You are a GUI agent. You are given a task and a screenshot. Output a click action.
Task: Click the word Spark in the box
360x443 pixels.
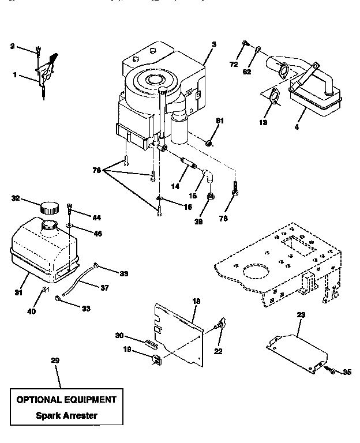[x=48, y=415]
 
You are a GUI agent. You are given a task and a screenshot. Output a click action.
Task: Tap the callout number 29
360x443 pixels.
[x=55, y=361]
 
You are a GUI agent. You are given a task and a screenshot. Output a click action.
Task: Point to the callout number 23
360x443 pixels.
[x=301, y=315]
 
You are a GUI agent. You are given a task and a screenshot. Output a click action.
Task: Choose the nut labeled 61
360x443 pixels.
[x=211, y=142]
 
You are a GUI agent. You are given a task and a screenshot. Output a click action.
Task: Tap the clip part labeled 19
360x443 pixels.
[x=156, y=360]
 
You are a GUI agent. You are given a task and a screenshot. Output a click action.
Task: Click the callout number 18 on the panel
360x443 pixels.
[x=196, y=301]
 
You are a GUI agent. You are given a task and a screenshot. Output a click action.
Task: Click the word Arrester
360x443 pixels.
[x=81, y=415]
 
